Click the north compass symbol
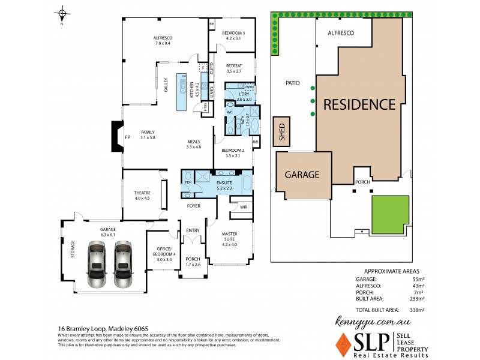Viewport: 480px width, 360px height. tap(62, 14)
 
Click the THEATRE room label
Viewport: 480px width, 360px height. tap(142, 195)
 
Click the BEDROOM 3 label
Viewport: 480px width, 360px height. tap(231, 35)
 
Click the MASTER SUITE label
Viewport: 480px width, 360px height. tap(229, 236)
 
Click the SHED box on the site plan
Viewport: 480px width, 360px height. tap(280, 132)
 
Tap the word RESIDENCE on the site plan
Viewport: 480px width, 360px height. tap(359, 104)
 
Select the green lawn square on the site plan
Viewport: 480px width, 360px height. tap(390, 215)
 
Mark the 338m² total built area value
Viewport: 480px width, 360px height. tap(416, 311)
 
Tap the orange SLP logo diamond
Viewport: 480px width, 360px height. tap(344, 344)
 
